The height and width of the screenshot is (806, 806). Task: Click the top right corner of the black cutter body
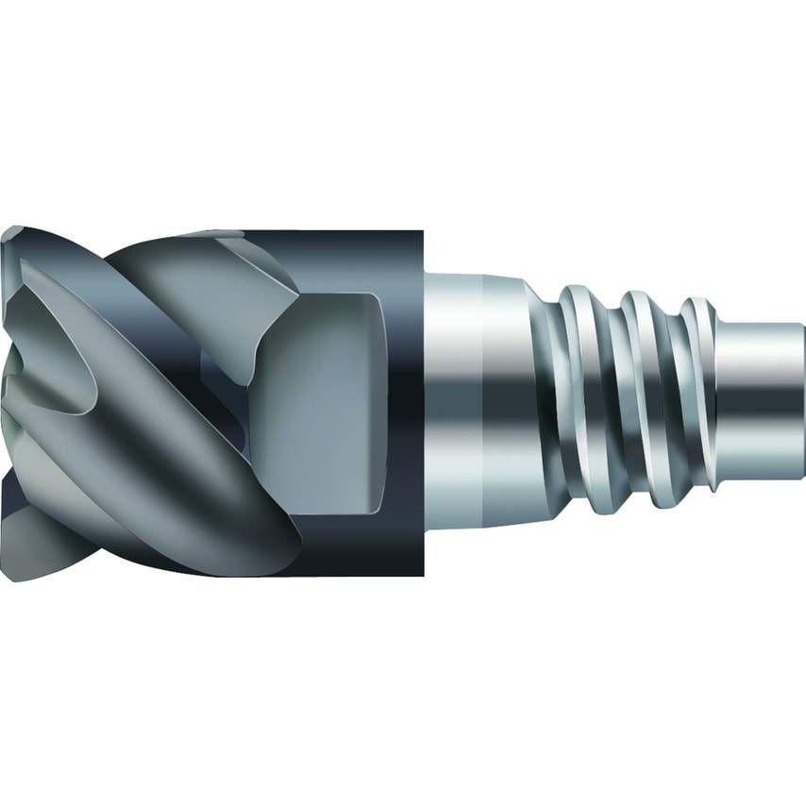coord(424,232)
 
